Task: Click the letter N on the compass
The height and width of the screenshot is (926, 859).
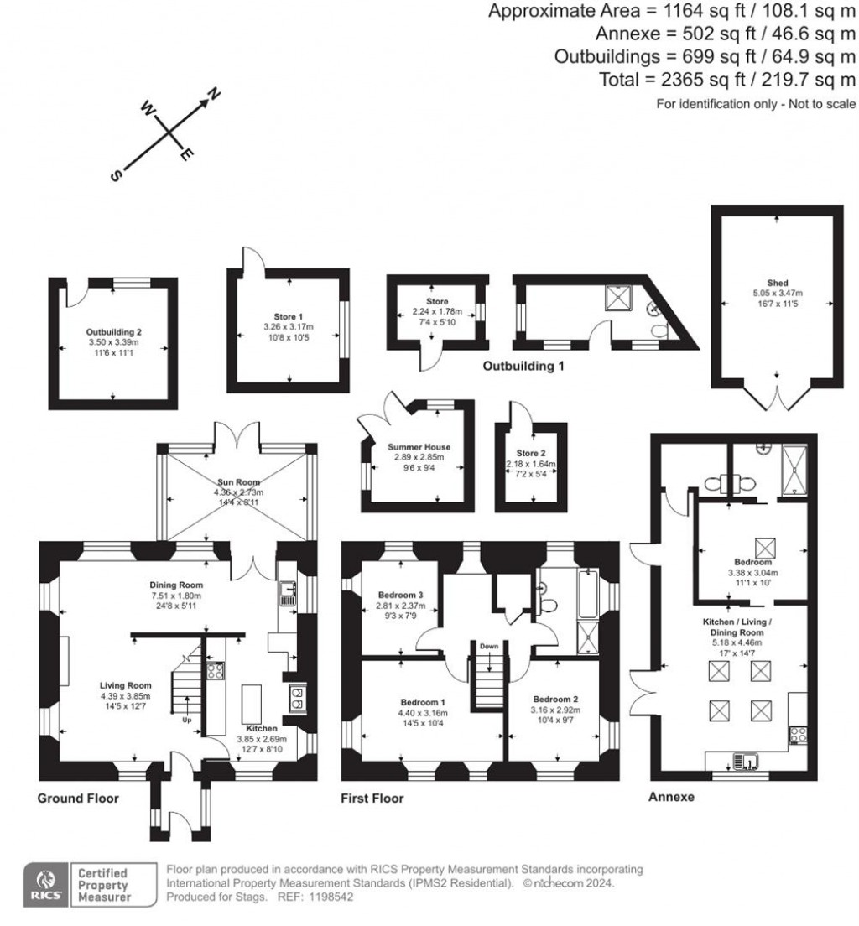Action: (x=214, y=94)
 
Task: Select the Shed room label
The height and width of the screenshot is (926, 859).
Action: (x=778, y=283)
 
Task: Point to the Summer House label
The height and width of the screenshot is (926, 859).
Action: (x=419, y=447)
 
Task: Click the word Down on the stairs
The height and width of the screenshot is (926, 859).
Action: (x=489, y=647)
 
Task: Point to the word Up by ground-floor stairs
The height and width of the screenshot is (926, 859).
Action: (x=185, y=720)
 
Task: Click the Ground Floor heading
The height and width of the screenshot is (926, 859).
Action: (x=77, y=799)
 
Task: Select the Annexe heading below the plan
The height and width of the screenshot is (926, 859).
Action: (x=671, y=798)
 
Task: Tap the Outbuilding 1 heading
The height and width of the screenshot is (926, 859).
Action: (x=523, y=367)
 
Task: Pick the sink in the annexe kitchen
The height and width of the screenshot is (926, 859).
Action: (x=744, y=761)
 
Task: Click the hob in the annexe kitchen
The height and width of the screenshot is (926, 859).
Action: (x=797, y=736)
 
